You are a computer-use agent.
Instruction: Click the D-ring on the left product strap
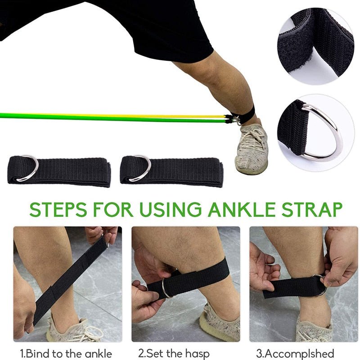[29, 168]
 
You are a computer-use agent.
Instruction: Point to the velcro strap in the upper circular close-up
[315, 45]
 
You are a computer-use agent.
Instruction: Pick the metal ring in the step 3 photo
[320, 285]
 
